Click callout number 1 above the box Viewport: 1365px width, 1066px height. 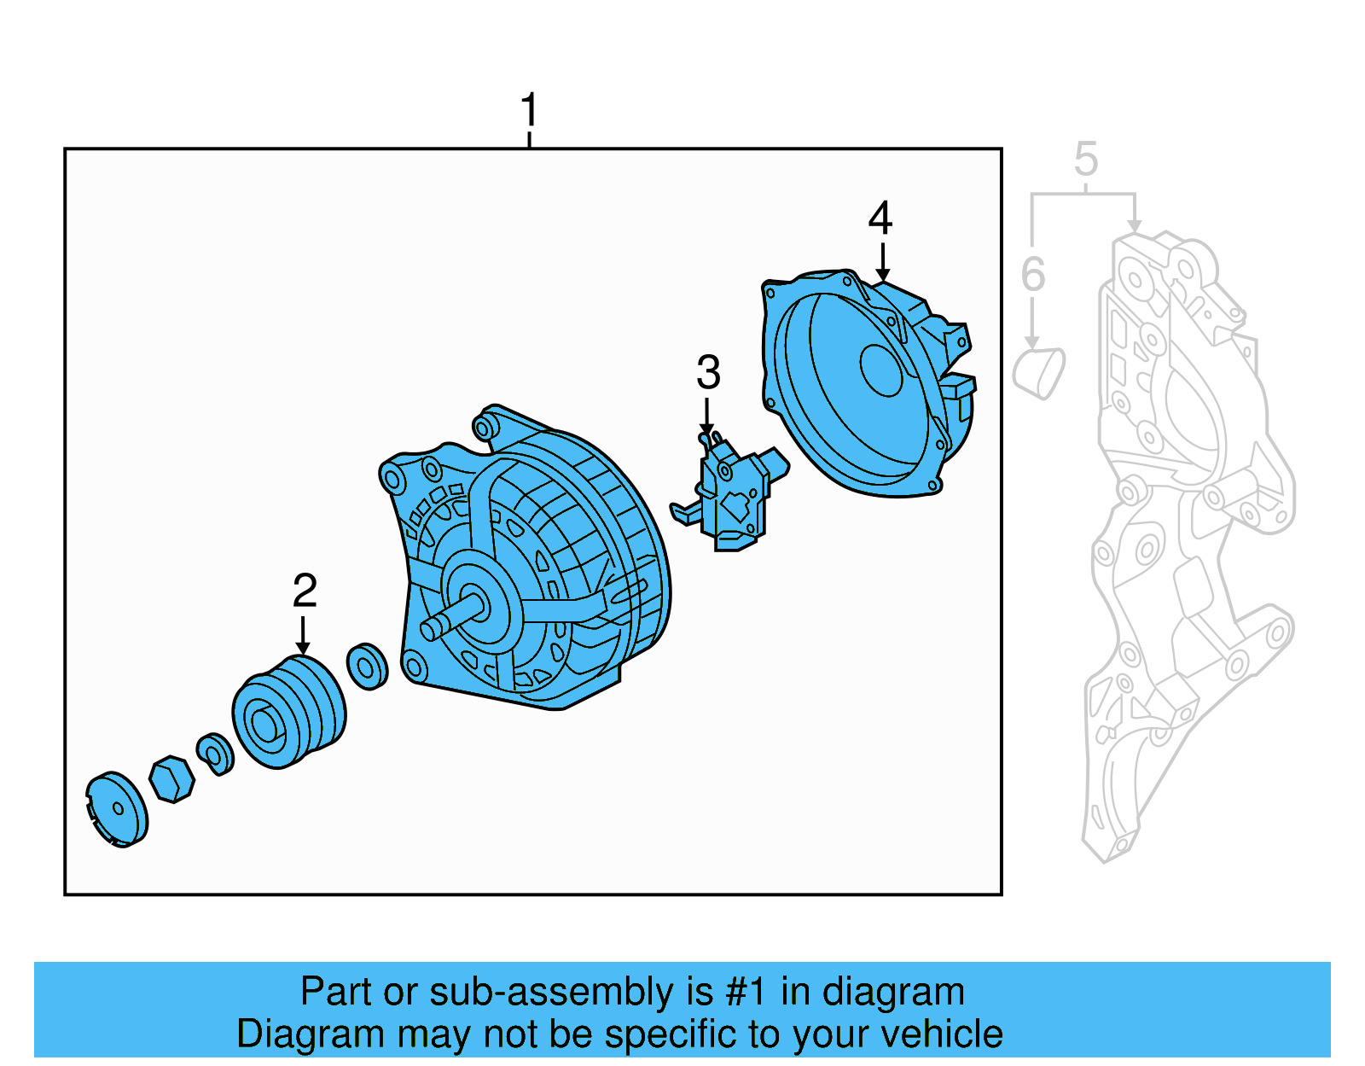pos(529,110)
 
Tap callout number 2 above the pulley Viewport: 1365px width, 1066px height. pos(305,591)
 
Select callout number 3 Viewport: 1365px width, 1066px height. pos(708,372)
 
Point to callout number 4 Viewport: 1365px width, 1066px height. pos(880,218)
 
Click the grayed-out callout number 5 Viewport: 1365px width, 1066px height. pos(1085,160)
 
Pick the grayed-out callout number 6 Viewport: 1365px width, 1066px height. pos(1032,275)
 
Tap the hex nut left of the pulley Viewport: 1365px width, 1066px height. pos(171,778)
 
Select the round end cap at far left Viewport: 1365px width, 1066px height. pos(118,809)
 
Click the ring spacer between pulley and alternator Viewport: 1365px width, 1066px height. pos(368,667)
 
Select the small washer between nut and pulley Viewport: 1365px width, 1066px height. pos(215,754)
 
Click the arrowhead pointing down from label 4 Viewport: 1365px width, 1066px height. pos(882,274)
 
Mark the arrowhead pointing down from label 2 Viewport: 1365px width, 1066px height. pos(303,649)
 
